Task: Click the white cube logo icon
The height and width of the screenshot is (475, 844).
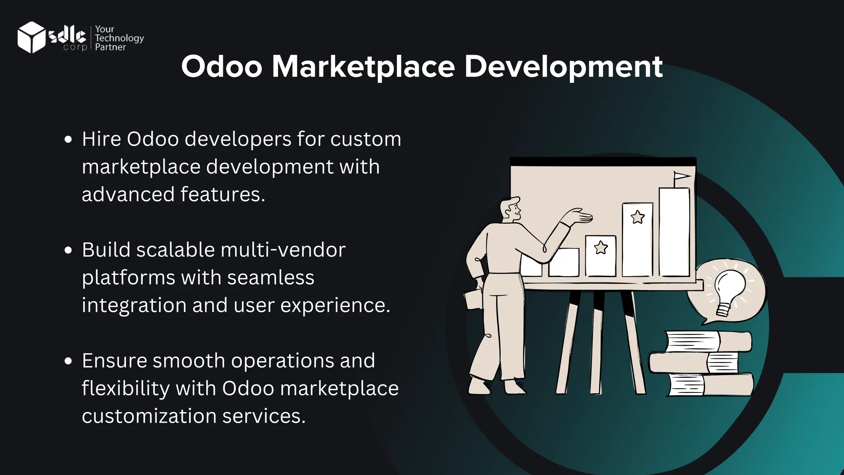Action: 31,37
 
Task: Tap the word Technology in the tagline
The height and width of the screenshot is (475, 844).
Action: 119,38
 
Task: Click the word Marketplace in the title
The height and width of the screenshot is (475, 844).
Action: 363,66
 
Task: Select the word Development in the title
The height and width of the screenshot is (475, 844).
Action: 563,66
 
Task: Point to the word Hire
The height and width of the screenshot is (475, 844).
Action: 101,139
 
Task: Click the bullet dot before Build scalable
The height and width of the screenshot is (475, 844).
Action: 68,250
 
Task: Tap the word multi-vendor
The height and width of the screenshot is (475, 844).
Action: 283,250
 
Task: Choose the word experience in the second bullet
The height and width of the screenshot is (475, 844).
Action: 335,305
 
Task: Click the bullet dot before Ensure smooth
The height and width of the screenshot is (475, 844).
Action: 68,361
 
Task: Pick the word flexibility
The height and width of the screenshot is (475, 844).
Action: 125,388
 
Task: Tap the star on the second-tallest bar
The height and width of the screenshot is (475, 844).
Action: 638,216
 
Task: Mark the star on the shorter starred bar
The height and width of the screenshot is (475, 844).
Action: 601,247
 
